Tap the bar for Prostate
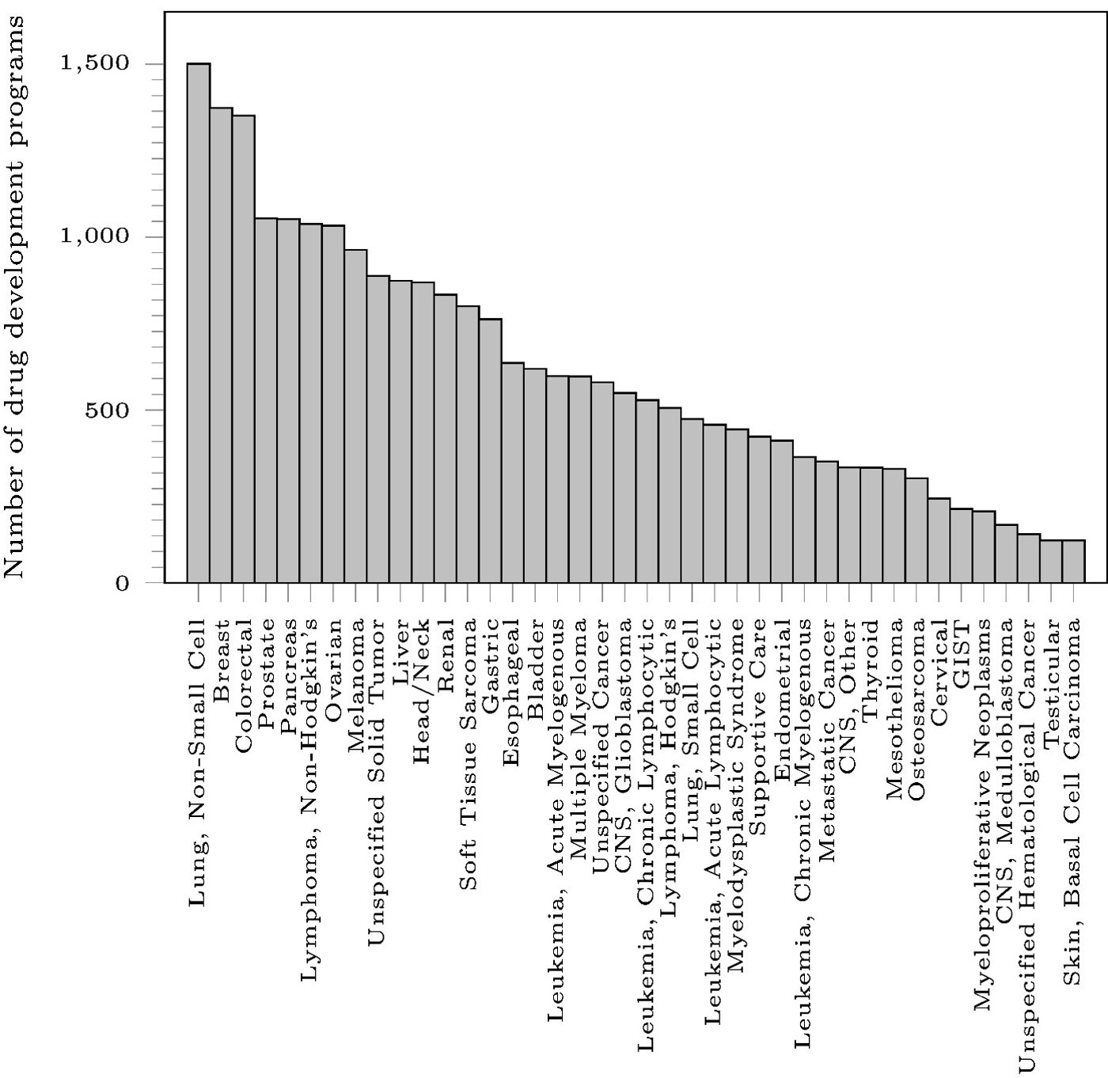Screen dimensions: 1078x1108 (x=266, y=400)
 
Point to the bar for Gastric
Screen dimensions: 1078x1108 (x=490, y=451)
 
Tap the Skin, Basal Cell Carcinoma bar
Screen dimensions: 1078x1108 (x=1073, y=562)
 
